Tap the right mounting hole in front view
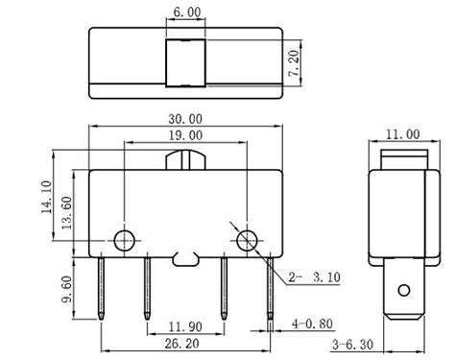[246, 237]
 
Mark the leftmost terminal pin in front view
[103, 286]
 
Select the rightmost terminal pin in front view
[269, 286]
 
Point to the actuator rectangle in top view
[186, 63]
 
